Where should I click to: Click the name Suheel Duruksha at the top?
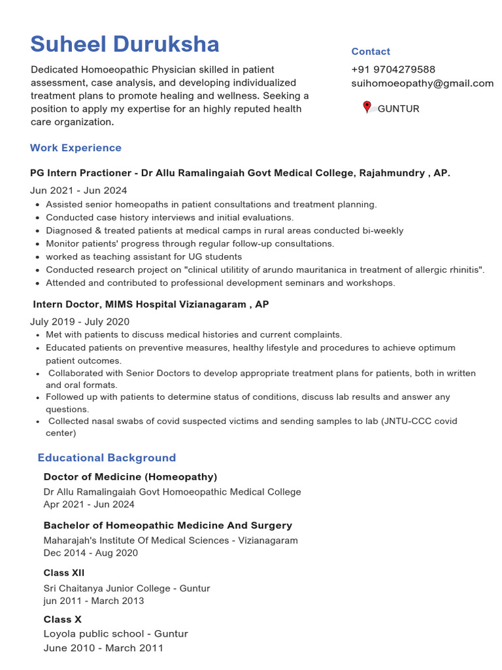point(124,44)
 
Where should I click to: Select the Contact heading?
point(371,52)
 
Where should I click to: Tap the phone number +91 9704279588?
point(393,69)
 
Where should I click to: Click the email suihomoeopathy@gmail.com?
point(422,83)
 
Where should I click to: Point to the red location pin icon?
point(367,107)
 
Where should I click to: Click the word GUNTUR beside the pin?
point(398,109)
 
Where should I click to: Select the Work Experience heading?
point(76,148)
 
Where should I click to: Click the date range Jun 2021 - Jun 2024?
point(78,190)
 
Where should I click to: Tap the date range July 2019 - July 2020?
point(80,321)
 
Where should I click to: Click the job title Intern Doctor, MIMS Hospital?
point(151,305)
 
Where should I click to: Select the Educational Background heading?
point(107,458)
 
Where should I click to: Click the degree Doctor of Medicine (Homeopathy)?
point(130,477)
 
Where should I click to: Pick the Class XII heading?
point(64,573)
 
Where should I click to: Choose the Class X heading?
point(62,620)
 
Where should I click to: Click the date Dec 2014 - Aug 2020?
point(91,553)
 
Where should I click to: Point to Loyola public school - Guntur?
point(116,634)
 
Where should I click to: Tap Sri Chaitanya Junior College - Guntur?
point(127,588)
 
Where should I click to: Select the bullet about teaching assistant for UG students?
point(144,257)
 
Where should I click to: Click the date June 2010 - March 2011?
point(103,648)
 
